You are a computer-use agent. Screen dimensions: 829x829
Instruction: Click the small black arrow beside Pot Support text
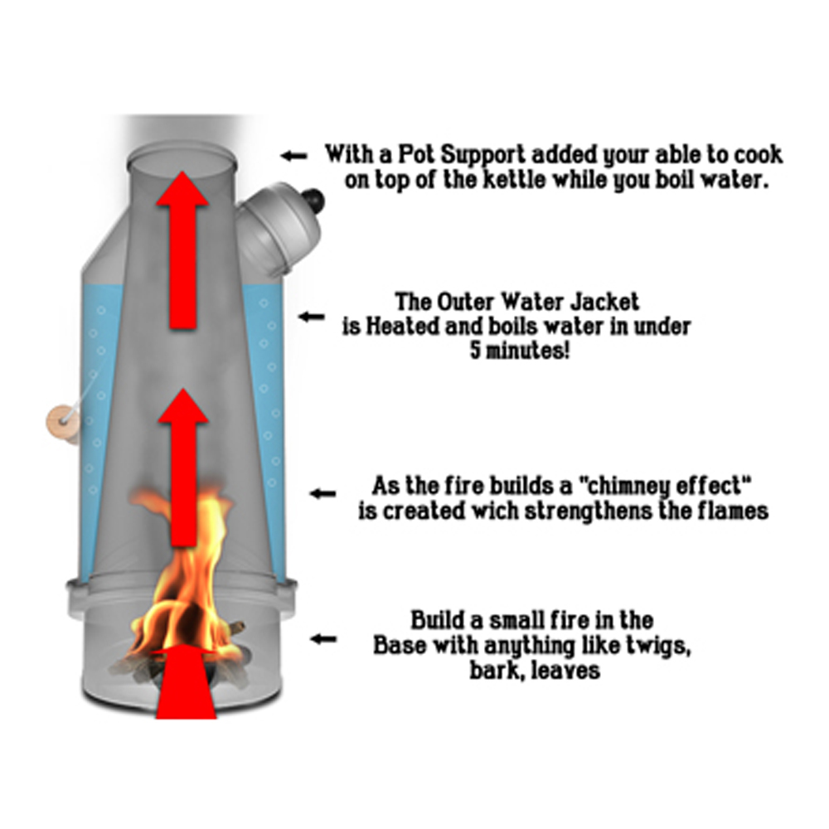click(294, 155)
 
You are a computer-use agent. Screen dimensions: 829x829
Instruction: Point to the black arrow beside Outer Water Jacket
click(311, 316)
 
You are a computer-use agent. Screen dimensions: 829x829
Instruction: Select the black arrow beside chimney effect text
click(322, 494)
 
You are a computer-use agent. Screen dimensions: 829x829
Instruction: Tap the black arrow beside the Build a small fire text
click(323, 638)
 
